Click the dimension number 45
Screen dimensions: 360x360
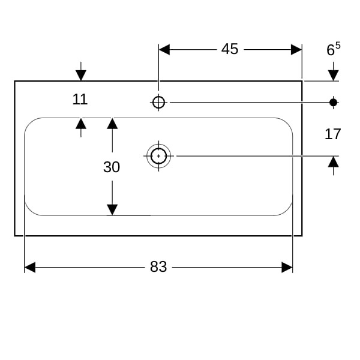coord(230,49)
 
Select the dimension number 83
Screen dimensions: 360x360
coord(158,267)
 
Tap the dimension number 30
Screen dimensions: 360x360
coord(112,167)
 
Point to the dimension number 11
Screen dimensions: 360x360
coord(80,99)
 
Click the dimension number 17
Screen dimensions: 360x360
coord(333,134)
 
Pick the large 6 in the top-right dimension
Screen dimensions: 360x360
coord(331,50)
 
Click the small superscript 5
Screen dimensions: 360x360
coord(338,44)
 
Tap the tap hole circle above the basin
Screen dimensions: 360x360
coord(158,102)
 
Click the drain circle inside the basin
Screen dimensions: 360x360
coord(158,156)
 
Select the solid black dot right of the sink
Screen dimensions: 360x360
coord(334,102)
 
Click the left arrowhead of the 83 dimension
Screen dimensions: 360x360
coord(30,267)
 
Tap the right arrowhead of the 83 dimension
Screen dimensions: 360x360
coord(287,267)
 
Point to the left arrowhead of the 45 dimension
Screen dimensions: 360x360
coord(164,49)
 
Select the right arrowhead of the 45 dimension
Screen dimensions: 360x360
coord(296,49)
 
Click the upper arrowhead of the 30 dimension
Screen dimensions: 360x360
coord(112,123)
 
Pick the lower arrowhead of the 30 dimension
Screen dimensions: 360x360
coord(112,209)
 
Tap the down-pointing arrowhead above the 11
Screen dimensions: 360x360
coord(81,75)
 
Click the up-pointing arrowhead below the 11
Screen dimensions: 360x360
coord(81,123)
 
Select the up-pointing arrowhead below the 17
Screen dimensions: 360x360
coord(334,161)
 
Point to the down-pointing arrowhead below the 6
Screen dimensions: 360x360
coord(334,75)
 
